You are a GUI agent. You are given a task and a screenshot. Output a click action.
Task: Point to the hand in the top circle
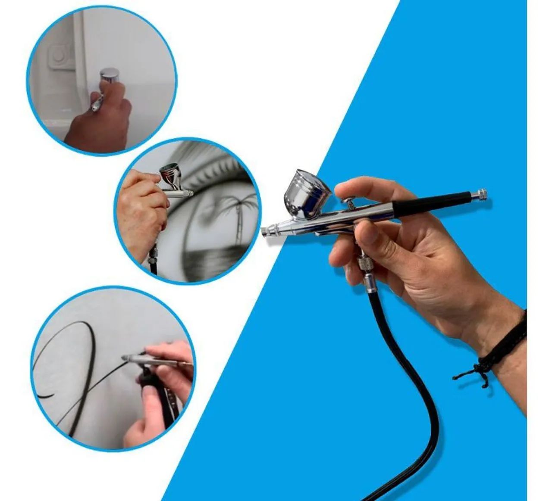[x=101, y=121]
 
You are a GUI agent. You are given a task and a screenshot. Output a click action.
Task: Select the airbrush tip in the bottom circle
[x=126, y=358]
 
